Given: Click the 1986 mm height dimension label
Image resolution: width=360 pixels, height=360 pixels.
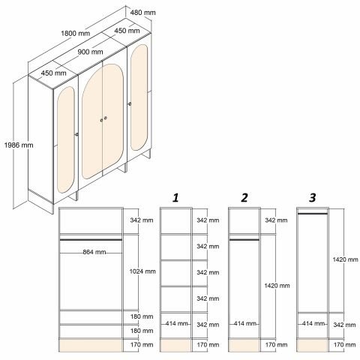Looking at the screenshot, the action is tap(19, 145).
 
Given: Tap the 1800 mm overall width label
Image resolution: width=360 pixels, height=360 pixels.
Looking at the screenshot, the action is tap(75, 33).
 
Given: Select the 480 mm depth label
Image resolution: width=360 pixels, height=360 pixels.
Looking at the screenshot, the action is tap(142, 12).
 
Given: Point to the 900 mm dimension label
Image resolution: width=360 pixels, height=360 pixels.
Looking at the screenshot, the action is tap(90, 52).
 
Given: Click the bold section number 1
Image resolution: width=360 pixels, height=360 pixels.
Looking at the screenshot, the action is tap(175, 198).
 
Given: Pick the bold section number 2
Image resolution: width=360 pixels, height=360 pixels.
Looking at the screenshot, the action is tap(244, 198).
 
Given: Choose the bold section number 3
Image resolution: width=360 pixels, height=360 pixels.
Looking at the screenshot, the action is tap(313, 198).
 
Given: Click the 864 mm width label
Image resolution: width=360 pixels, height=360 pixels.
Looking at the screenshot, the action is tap(94, 252).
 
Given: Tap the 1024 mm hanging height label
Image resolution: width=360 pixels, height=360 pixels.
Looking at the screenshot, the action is tap(142, 271).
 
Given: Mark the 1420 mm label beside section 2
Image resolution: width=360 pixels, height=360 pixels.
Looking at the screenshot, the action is tap(277, 286).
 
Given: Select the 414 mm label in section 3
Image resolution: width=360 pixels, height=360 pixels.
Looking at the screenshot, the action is tap(313, 323).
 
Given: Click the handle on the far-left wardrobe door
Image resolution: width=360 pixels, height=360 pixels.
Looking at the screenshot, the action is tap(76, 134).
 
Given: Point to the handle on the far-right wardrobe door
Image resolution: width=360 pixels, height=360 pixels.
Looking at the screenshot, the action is tap(130, 103).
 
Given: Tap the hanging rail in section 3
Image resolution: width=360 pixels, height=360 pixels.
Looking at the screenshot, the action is tap(313, 214).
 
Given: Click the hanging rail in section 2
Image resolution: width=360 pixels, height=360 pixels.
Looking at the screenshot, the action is tap(244, 240).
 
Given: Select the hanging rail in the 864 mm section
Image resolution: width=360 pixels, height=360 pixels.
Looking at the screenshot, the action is tap(91, 240).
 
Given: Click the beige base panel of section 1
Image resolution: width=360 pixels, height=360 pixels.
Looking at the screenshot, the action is tap(175, 346).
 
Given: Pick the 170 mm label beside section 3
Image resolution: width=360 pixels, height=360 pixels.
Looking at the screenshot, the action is tap(344, 345).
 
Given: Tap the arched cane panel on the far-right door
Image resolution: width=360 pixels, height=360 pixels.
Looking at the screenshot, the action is tap(139, 97).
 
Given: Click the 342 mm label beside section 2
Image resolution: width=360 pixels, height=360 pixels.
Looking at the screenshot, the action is tap(276, 220).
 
